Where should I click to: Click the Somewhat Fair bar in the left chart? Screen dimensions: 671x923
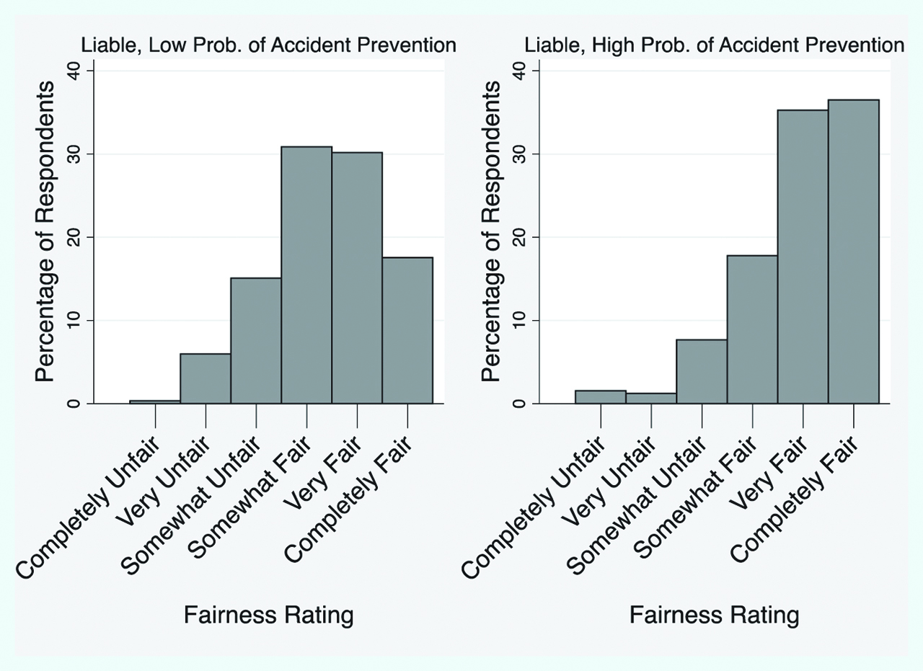click(306, 275)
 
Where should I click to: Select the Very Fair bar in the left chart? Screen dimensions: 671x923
click(357, 277)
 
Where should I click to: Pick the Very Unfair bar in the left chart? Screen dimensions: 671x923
click(206, 378)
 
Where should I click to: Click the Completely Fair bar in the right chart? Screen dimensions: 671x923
click(853, 252)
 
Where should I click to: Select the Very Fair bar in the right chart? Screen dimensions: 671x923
click(803, 257)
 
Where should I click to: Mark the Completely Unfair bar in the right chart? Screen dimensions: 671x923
click(601, 397)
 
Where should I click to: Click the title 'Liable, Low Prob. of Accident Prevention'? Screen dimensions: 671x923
click(268, 45)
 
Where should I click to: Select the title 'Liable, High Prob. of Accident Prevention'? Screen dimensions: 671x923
click(714, 45)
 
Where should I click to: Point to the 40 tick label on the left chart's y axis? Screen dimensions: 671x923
click(74, 71)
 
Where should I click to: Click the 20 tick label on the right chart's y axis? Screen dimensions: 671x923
click(520, 237)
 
